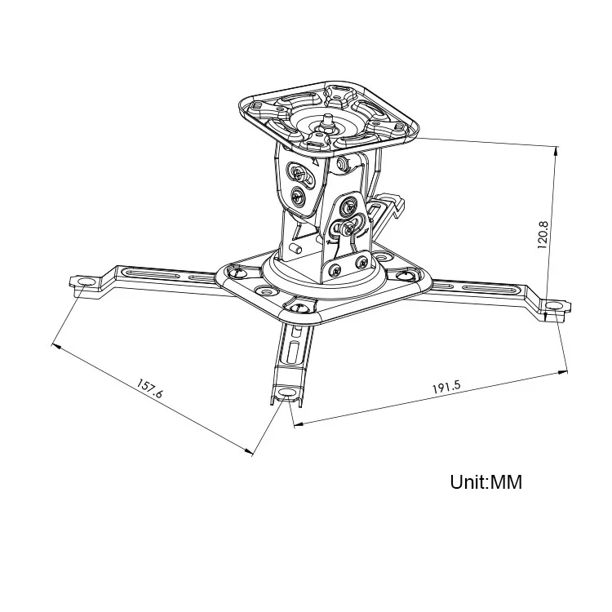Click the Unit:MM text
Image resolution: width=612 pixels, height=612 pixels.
point(486,481)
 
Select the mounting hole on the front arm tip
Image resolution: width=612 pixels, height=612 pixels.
point(286,393)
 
